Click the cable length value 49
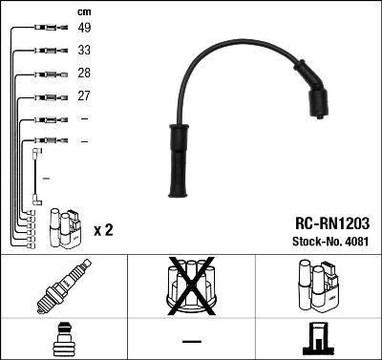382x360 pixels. [x=84, y=28]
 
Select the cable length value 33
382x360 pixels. [x=84, y=51]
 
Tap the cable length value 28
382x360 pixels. [x=84, y=74]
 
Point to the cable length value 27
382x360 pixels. [x=84, y=96]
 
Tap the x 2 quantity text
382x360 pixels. [x=102, y=230]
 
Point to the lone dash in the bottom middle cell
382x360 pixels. [x=191, y=341]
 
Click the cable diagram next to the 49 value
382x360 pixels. [x=47, y=29]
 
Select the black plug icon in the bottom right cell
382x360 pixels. [x=317, y=340]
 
